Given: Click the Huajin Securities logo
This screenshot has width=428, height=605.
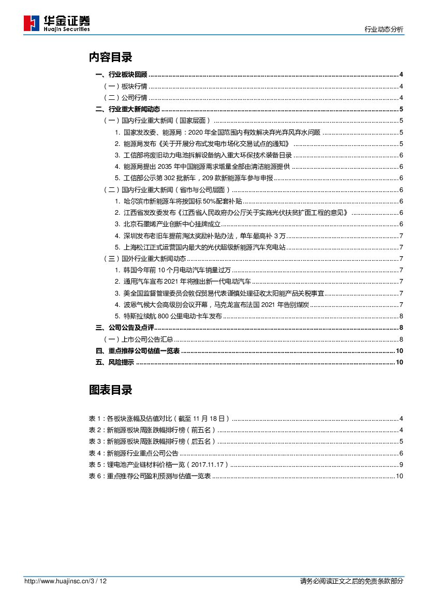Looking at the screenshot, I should click(x=57, y=23).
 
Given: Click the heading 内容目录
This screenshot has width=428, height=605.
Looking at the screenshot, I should click(x=110, y=57).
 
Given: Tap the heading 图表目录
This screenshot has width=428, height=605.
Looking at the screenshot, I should click(x=110, y=390).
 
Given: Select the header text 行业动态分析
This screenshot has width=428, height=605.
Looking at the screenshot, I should click(x=383, y=30).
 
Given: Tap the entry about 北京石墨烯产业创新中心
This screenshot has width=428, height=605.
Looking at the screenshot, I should click(x=168, y=224).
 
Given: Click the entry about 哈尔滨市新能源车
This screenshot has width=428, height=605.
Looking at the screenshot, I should click(x=179, y=201).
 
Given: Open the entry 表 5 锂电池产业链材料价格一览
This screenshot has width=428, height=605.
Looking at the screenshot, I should click(x=159, y=465).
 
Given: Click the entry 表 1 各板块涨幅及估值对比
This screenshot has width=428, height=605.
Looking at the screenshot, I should click(x=159, y=419).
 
